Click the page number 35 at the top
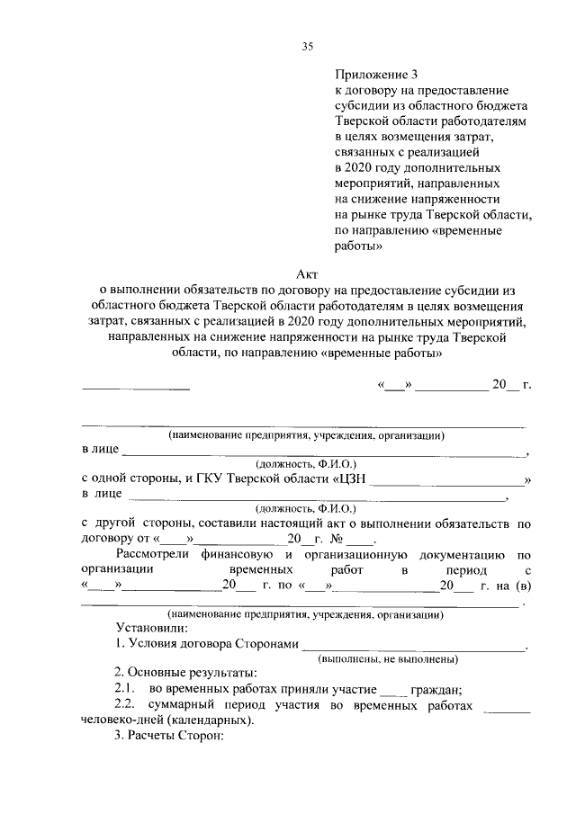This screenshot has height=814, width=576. tap(306, 47)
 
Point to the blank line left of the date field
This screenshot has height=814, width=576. tap(136, 388)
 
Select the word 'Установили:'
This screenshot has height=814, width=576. tap(150, 628)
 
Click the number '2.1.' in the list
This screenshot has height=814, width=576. tap(125, 690)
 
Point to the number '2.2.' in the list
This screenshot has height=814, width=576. tap(125, 706)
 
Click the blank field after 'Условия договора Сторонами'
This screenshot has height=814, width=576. tap(414, 646)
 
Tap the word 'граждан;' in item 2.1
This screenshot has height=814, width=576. tap(436, 690)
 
